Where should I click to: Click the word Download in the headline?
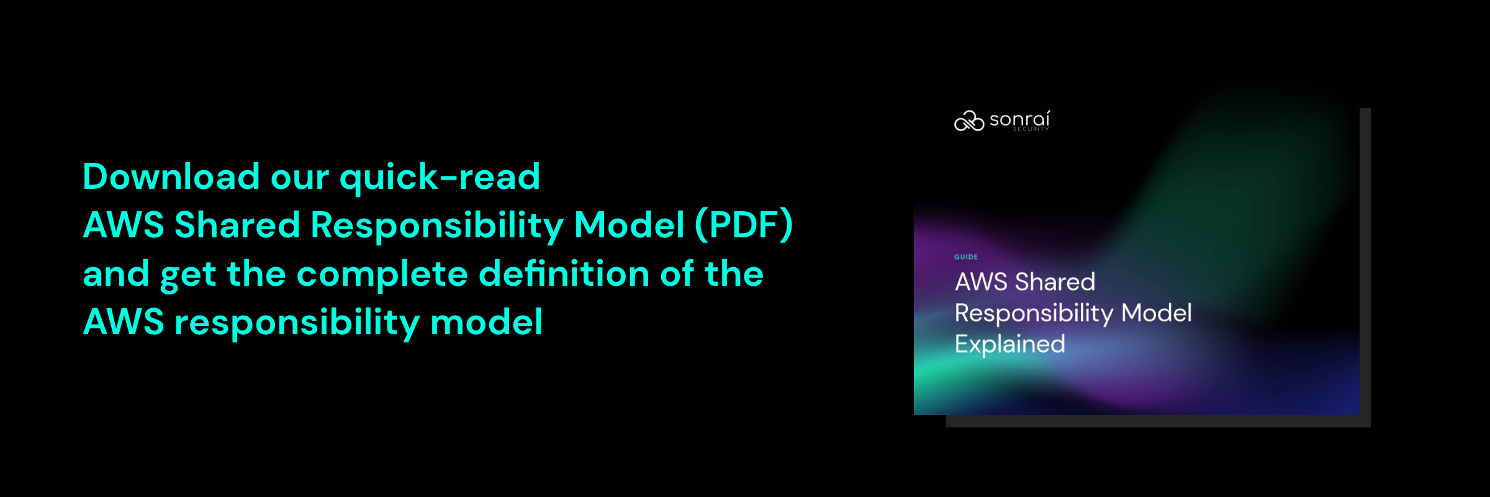pyautogui.click(x=171, y=176)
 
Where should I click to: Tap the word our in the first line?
pyautogui.click(x=300, y=179)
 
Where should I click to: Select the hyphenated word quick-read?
pyautogui.click(x=440, y=178)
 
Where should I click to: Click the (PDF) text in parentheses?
pyautogui.click(x=744, y=225)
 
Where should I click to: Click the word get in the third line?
pyautogui.click(x=188, y=276)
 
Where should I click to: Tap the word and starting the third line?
pyautogui.click(x=116, y=273)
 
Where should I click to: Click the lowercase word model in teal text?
pyautogui.click(x=487, y=322)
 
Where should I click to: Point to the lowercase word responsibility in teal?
pyautogui.click(x=297, y=323)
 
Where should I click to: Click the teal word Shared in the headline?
pyautogui.click(x=237, y=225)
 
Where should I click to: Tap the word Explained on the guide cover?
pyautogui.click(x=1010, y=345)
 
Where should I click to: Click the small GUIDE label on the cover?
pyautogui.click(x=966, y=257)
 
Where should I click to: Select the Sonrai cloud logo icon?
pyautogui.click(x=969, y=121)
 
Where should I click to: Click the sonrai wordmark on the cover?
pyautogui.click(x=1019, y=119)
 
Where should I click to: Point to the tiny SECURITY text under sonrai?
pyautogui.click(x=1031, y=129)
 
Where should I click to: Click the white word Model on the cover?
pyautogui.click(x=1157, y=313)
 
